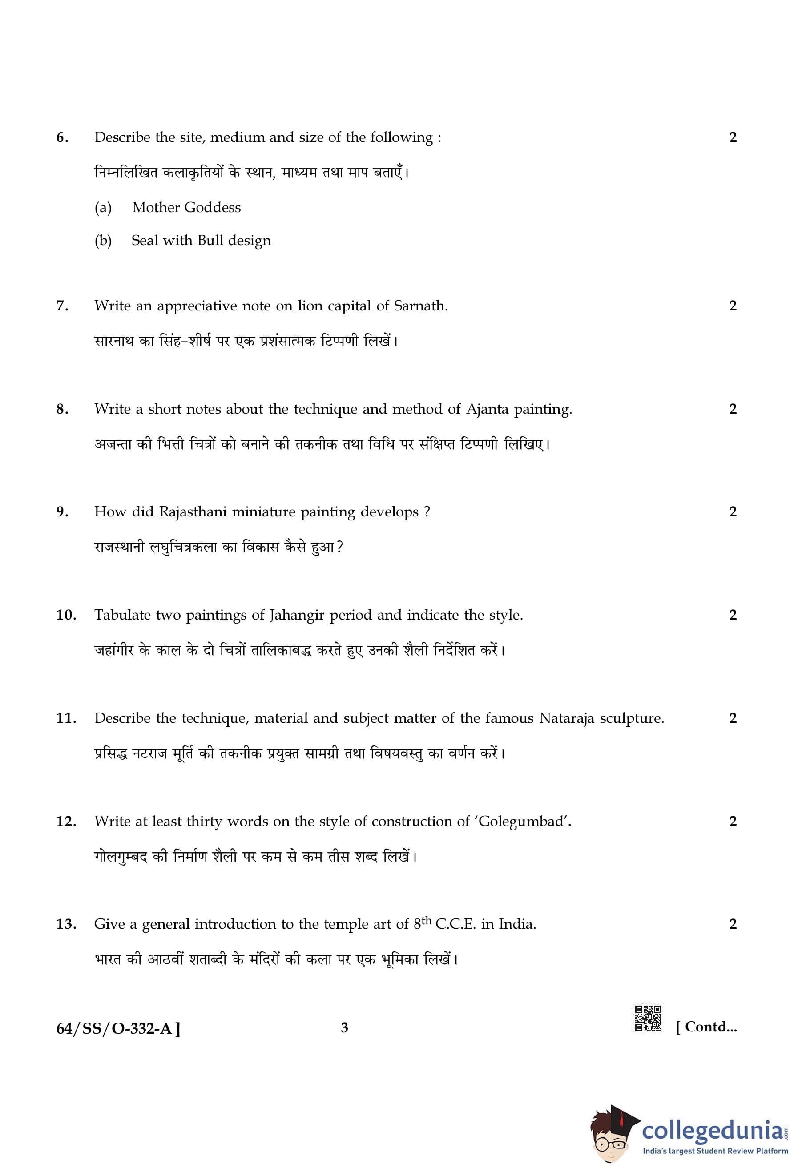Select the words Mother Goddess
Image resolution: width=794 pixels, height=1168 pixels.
click(x=186, y=208)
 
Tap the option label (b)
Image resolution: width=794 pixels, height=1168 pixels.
click(x=103, y=241)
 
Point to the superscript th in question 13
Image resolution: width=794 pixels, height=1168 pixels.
click(x=426, y=919)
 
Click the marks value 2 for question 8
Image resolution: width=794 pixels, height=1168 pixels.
click(x=732, y=409)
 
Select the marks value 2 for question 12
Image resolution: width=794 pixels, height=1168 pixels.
click(x=732, y=821)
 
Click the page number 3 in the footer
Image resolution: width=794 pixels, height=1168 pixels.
click(x=344, y=1028)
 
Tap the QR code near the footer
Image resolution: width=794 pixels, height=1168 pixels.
click(x=648, y=1019)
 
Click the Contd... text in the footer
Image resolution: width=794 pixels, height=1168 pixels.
click(x=706, y=1027)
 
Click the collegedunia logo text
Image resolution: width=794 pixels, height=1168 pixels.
click(x=712, y=1130)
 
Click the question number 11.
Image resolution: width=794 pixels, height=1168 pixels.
click(x=66, y=718)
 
